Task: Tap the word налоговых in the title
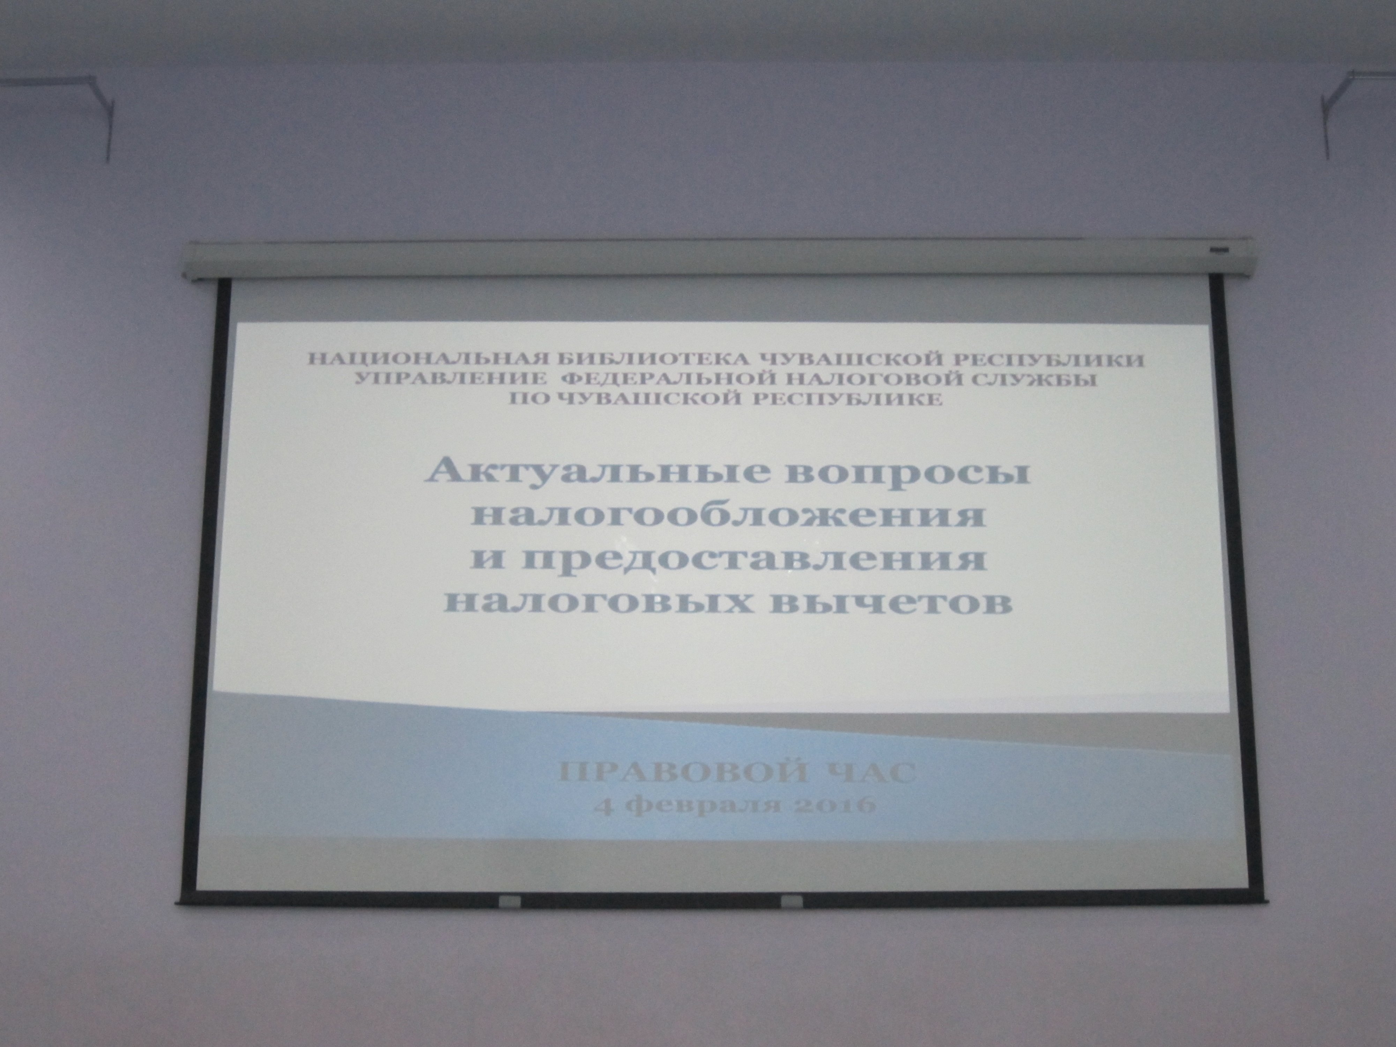[601, 604]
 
